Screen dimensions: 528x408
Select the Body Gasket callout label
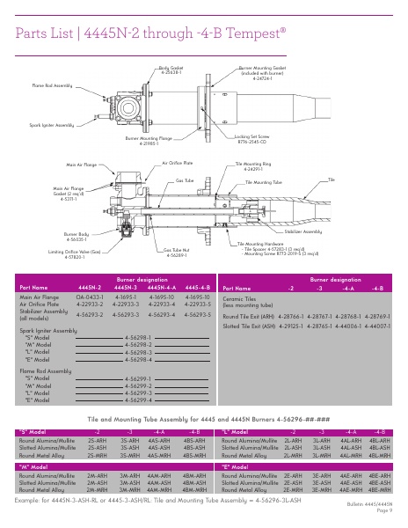(x=171, y=69)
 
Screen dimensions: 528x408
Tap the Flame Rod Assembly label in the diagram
(x=53, y=86)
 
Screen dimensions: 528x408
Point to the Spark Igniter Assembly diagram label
(x=52, y=125)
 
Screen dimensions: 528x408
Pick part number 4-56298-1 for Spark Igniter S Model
(x=138, y=337)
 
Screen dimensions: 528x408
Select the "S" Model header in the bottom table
(x=33, y=432)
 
